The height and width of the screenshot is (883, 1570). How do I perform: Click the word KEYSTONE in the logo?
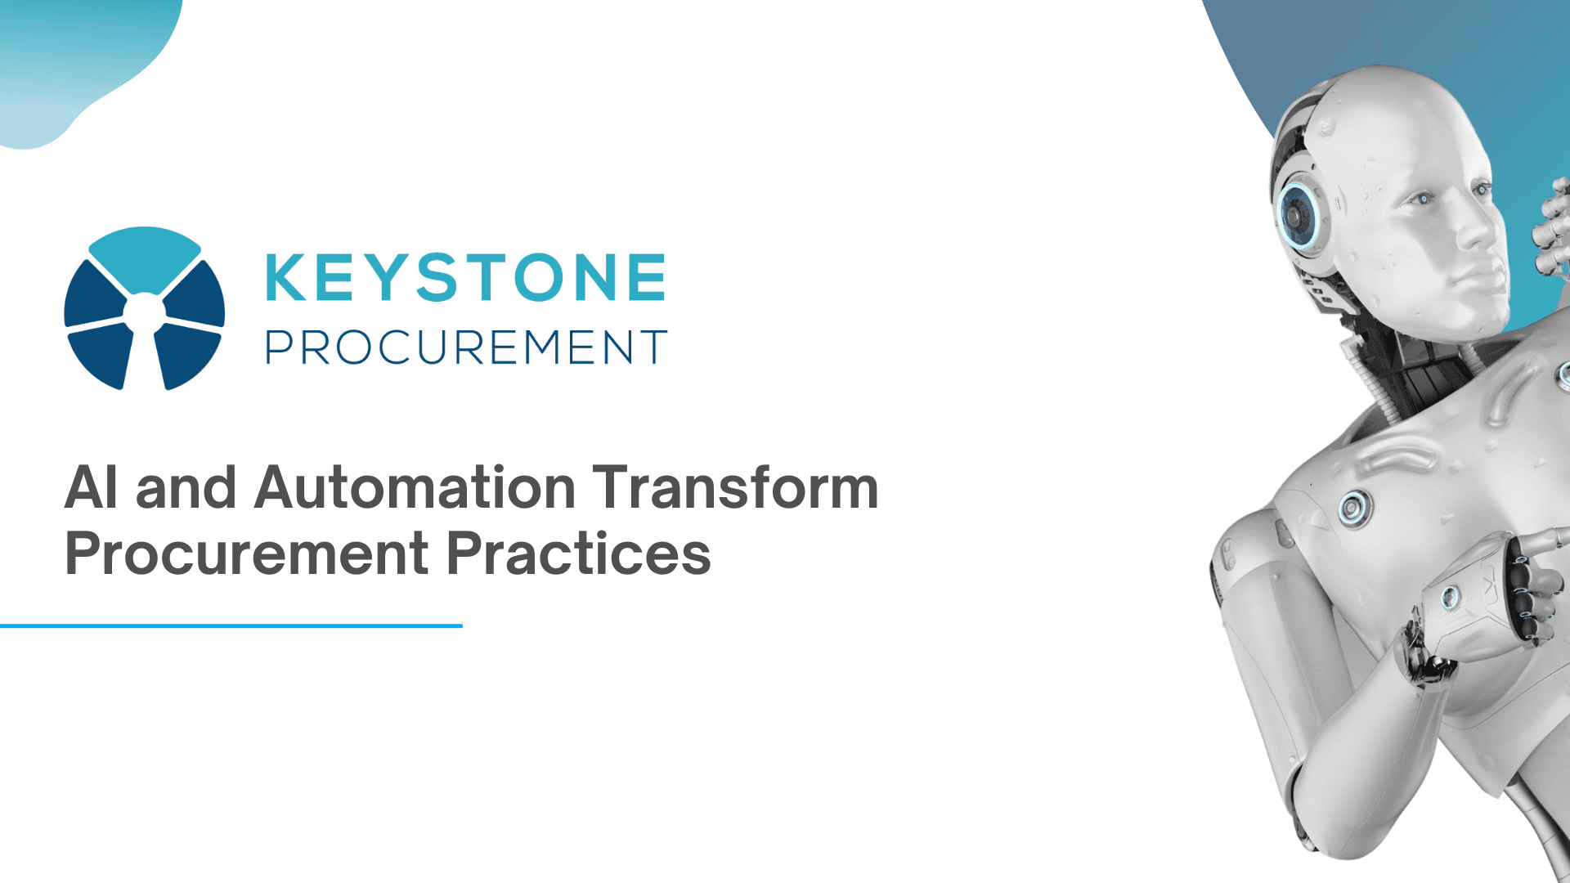[x=465, y=277]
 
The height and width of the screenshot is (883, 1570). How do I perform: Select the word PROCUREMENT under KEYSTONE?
[x=465, y=347]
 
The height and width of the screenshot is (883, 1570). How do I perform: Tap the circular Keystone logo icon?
[x=145, y=308]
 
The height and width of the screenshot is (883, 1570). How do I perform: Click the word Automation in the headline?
[x=415, y=488]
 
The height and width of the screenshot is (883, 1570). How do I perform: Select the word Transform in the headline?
[x=735, y=488]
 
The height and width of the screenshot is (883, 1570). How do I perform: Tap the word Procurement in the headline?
[x=246, y=554]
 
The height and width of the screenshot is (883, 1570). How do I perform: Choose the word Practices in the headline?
[x=579, y=554]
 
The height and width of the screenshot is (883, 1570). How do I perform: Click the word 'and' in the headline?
[x=186, y=488]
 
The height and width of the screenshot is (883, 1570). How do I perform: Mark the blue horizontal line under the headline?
[x=231, y=625]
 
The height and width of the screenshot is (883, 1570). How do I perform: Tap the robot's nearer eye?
[x=1424, y=199]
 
